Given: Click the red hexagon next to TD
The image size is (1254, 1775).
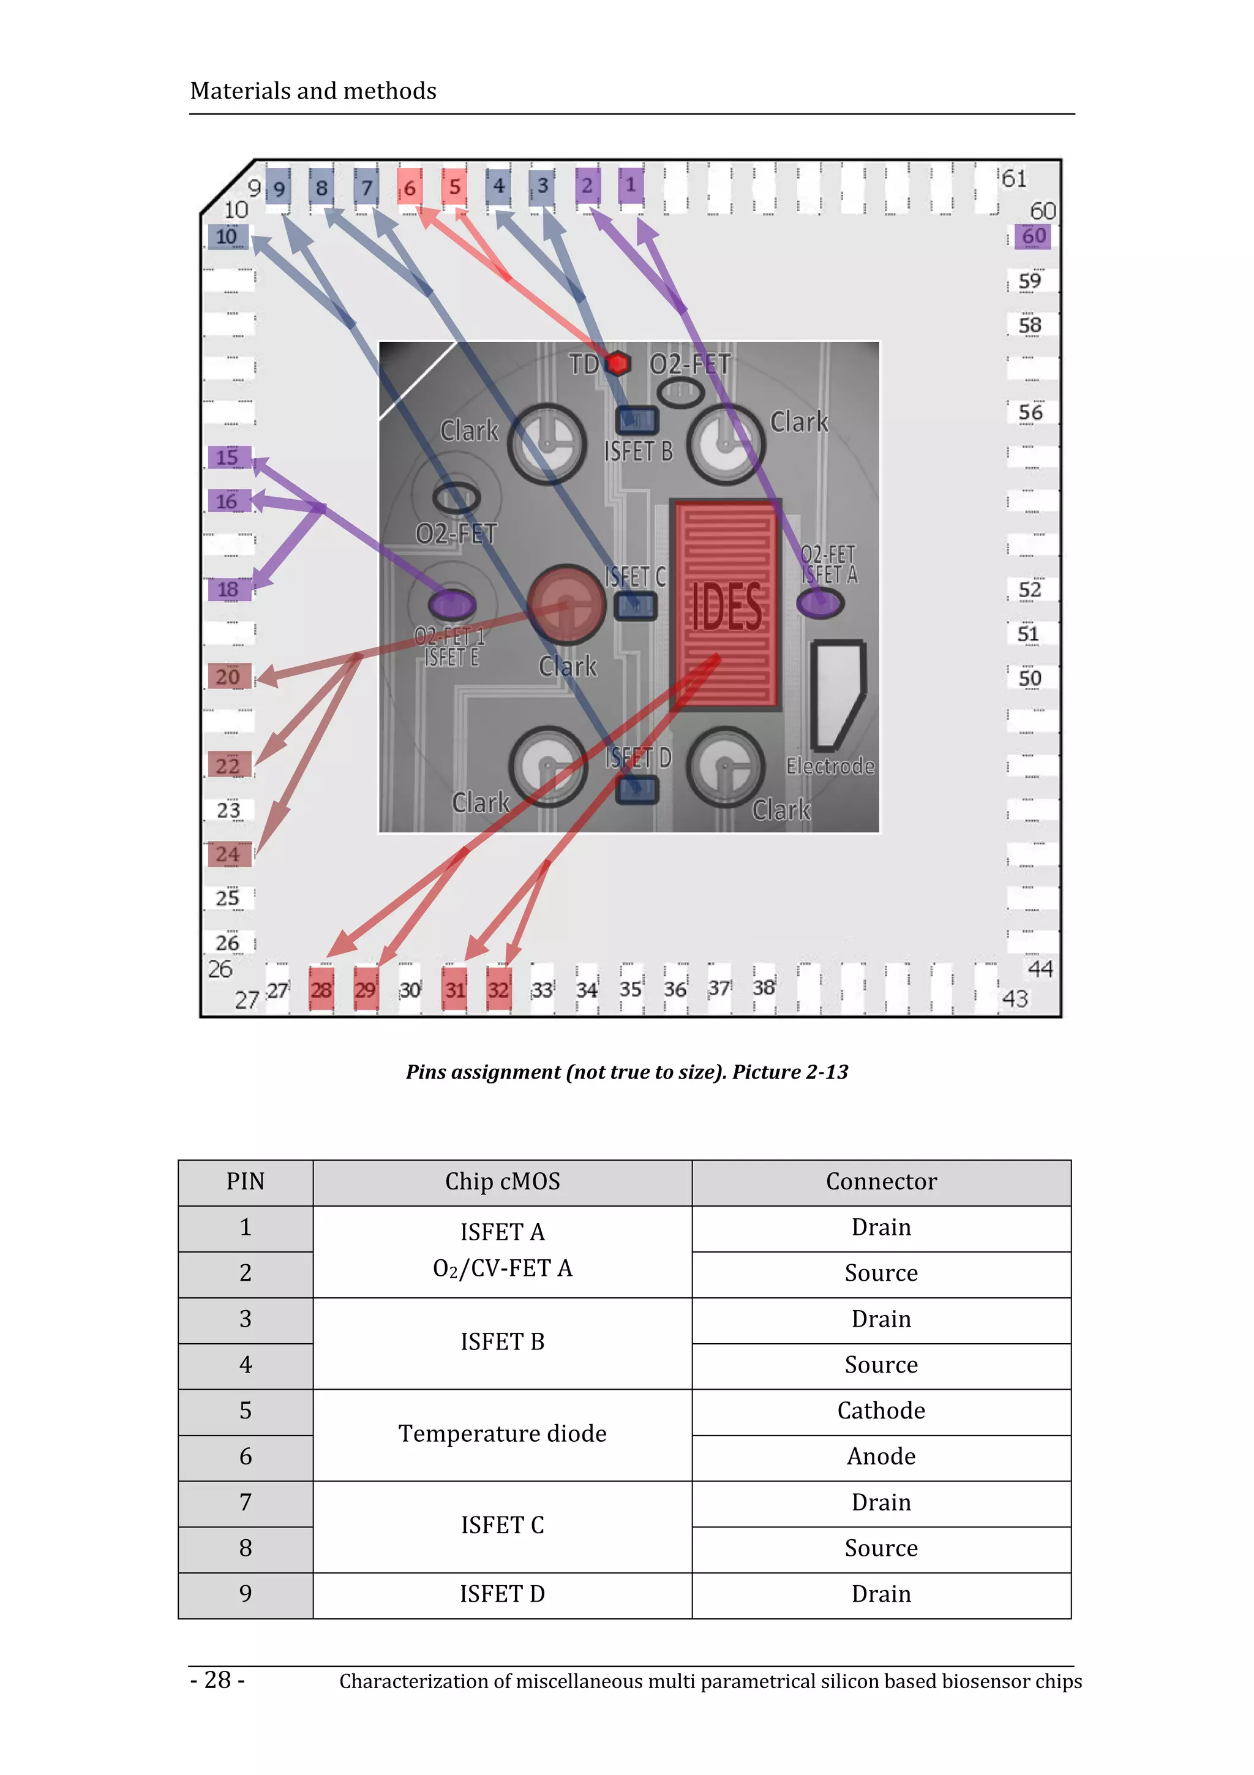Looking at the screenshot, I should point(617,363).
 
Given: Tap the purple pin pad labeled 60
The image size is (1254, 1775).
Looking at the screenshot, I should point(1033,236).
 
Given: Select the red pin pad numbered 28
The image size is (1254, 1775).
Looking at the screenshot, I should point(321,989).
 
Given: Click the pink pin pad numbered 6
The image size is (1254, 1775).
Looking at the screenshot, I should point(410,186).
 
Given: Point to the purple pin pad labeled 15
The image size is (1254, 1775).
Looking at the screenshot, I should point(228,457).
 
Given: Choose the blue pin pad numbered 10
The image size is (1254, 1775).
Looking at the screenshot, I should point(227,236).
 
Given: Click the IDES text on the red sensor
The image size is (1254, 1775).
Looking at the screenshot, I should point(726,608).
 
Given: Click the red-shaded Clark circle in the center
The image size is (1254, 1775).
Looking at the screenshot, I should point(566,604).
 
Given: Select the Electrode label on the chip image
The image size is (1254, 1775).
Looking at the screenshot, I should point(830,766).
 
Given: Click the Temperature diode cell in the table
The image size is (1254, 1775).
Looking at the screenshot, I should point(502,1433).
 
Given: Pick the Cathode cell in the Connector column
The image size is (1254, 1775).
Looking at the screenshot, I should point(881,1411).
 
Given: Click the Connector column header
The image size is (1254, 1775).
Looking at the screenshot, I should point(881,1181).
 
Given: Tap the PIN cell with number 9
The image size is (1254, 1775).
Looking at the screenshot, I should point(245,1593).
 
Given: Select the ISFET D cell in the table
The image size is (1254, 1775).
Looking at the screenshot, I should point(502,1593).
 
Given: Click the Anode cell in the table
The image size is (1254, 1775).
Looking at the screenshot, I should point(881,1457).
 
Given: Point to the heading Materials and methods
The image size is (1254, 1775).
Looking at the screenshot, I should point(313,91).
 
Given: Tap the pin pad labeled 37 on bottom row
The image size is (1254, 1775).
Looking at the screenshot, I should point(719,988).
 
